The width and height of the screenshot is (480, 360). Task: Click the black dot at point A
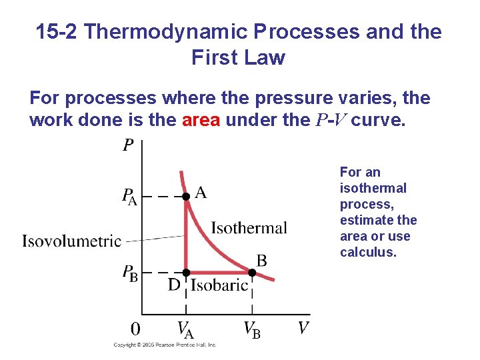[x=187, y=196]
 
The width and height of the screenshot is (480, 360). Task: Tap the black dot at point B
[x=253, y=272]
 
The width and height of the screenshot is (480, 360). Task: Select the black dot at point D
[x=187, y=272]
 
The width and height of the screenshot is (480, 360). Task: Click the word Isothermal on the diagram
[x=249, y=228]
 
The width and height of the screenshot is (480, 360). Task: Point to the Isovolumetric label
[x=72, y=241]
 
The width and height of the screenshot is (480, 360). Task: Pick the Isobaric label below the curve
[x=219, y=286]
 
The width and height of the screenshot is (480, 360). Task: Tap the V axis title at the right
[x=303, y=328]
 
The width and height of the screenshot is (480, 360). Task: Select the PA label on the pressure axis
[x=129, y=197]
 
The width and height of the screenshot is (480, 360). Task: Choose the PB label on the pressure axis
[x=129, y=273]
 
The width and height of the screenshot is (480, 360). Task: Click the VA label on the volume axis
[x=186, y=329]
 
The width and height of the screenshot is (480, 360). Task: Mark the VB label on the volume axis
[x=252, y=329]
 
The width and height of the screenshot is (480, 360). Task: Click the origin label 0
[x=135, y=329]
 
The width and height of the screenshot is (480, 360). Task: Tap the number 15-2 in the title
[x=57, y=32]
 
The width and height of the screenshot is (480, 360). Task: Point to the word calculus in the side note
[x=368, y=252]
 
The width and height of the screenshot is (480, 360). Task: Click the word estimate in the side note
[x=362, y=220]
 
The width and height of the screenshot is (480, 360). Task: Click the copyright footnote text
[x=165, y=345]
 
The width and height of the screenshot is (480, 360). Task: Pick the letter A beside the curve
[x=201, y=193]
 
